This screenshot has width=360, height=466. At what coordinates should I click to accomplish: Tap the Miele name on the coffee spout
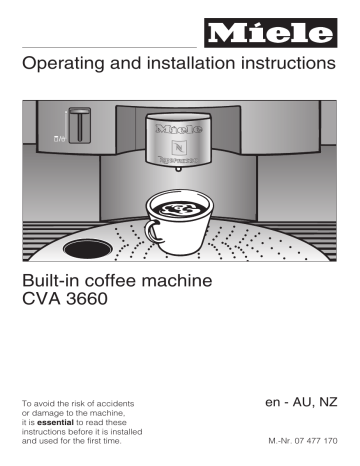pyautogui.click(x=180, y=128)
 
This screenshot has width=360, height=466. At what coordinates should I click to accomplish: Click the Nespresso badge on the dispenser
pyautogui.click(x=180, y=148)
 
